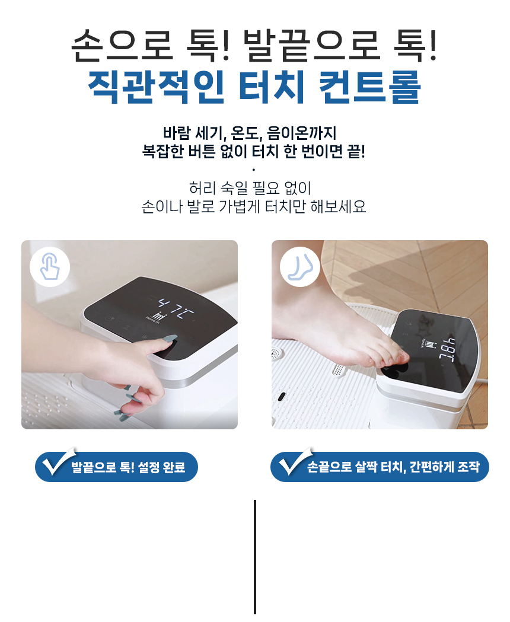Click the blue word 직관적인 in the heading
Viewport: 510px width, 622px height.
156,87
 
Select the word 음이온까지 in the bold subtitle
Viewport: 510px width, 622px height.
302,133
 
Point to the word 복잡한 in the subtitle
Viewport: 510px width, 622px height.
162,151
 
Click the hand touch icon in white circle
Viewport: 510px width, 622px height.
50,266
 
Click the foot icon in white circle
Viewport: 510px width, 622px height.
300,266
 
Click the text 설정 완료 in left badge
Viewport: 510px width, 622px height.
162,467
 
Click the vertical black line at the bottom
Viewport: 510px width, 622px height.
255,557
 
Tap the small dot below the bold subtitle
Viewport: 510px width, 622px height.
254,170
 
